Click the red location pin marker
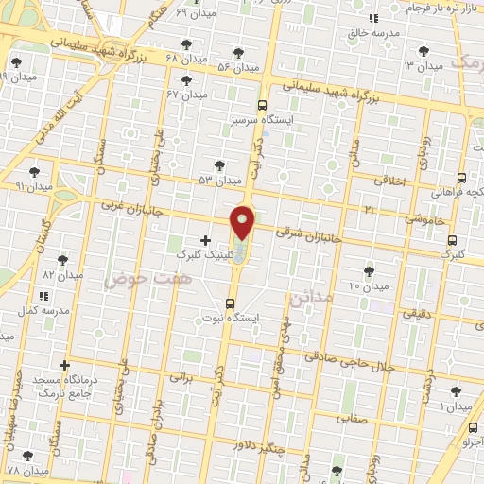pyautogui.click(x=243, y=222)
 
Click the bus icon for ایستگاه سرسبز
pyautogui.click(x=262, y=106)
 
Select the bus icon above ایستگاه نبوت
pyautogui.click(x=231, y=303)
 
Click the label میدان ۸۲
pyautogui.click(x=63, y=274)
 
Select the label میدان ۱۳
pyautogui.click(x=423, y=66)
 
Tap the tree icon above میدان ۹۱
pyautogui.click(x=35, y=171)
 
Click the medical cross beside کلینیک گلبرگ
pyautogui.click(x=206, y=240)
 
